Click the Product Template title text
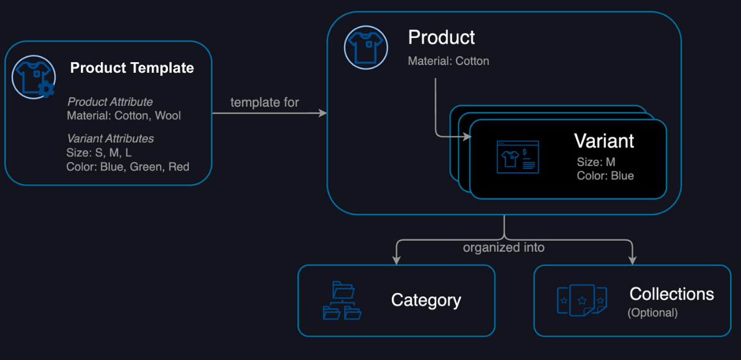pos(132,68)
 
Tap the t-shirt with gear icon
pos(32,78)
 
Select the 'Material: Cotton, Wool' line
pos(124,115)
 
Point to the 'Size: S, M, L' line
pos(99,152)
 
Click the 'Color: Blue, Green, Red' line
pos(128,167)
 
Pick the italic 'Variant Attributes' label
pos(110,139)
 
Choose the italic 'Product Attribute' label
pos(110,101)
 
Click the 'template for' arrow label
pos(264,102)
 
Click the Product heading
pos(441,37)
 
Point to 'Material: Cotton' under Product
pos(448,61)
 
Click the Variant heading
pos(604,141)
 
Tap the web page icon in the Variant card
pos(518,157)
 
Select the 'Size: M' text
pos(596,162)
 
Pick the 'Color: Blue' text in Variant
pos(605,176)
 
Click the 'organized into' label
pos(503,247)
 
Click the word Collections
pos(671,293)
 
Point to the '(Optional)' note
pos(652,312)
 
